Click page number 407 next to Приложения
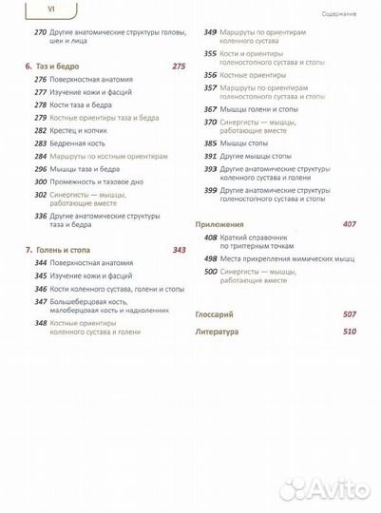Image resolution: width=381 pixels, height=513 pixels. [x=350, y=223]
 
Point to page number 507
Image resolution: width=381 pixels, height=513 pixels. [x=350, y=313]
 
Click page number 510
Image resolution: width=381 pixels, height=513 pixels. [x=350, y=332]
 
